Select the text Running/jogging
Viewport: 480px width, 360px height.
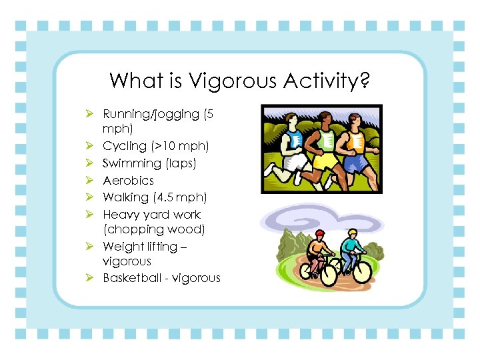click(x=151, y=115)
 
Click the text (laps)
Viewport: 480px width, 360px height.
click(x=180, y=163)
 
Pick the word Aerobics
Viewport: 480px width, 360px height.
click(x=128, y=181)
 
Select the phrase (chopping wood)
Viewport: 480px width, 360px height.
click(x=153, y=229)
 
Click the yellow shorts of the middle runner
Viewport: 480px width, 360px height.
click(x=325, y=162)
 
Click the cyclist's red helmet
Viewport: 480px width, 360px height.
click(x=321, y=234)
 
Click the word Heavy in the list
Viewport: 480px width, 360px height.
click(x=119, y=215)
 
